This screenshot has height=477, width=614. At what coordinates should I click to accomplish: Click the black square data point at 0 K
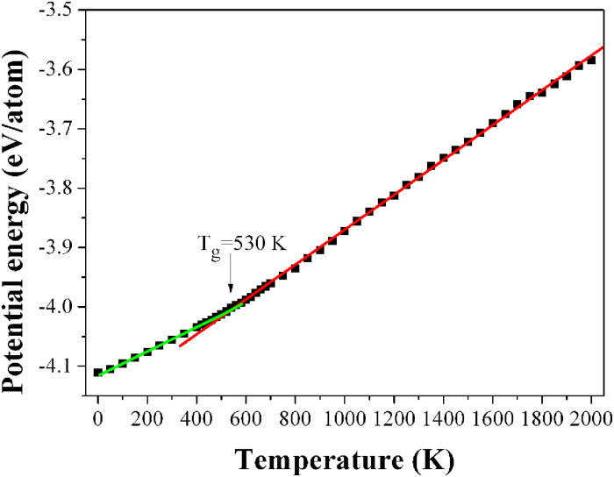coord(98,373)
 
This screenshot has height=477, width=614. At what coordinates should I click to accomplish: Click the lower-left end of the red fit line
coord(180,345)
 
